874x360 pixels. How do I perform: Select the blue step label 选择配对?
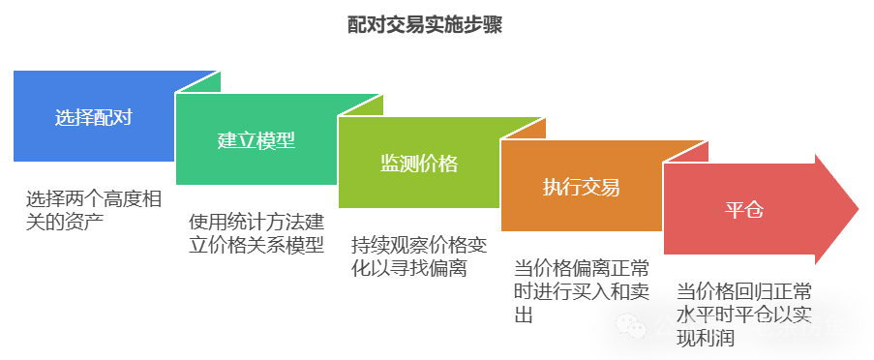click(x=93, y=118)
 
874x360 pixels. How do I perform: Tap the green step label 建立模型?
click(x=256, y=140)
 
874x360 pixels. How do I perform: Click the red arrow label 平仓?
click(x=744, y=210)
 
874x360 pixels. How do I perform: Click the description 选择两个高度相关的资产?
click(x=94, y=211)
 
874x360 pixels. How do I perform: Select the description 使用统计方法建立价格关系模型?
click(x=256, y=233)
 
